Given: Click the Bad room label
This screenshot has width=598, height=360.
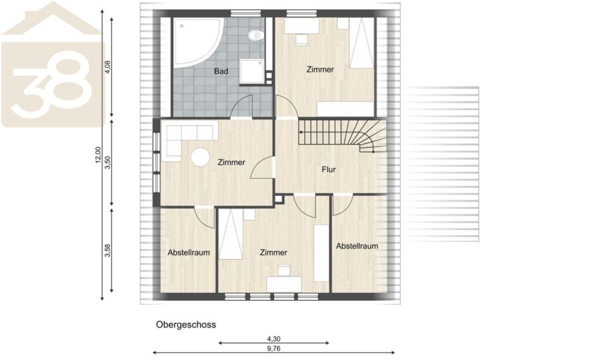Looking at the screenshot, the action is point(221,71).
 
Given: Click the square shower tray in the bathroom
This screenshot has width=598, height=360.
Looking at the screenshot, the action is point(252,71).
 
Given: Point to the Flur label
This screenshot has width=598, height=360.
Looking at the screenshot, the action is point(329,169).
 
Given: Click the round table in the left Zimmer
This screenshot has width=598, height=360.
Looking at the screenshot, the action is point(200,157).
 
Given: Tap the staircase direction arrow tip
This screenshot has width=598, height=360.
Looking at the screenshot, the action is point(300,132).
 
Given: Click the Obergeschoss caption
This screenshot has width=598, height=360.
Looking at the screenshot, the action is point(186,325).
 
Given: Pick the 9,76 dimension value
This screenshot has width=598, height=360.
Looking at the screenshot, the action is point(274,348).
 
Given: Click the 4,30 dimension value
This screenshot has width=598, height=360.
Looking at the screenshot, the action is point(274,339).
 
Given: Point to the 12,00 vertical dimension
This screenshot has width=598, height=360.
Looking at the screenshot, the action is point(98,155).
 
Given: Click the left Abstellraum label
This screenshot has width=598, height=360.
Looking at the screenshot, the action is point(189,252).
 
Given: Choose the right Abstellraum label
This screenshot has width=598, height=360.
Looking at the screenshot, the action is point(357,246).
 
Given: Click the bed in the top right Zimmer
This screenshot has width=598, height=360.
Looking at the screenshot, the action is point(361,43).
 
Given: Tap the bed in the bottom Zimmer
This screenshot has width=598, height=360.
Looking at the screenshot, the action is point(231,234).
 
